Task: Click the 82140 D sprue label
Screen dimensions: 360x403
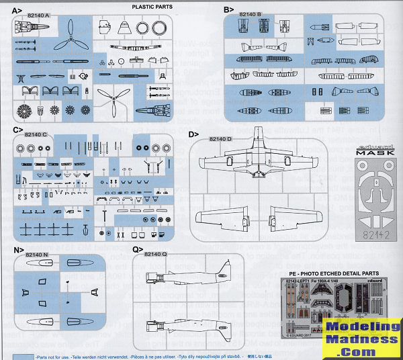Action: [220, 138]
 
